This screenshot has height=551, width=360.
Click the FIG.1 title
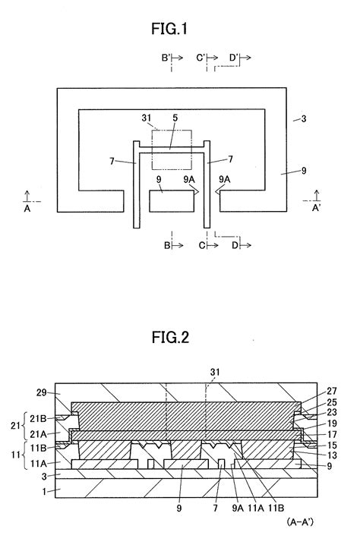tap(179, 30)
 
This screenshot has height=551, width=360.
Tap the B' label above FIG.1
tap(166, 57)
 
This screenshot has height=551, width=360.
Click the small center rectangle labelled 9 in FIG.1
tap(170, 202)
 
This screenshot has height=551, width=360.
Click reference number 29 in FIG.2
tap(44, 392)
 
